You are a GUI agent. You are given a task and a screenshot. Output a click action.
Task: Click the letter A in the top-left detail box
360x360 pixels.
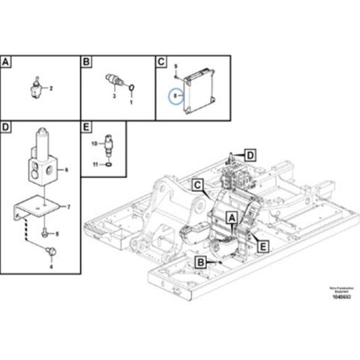pos(7,62)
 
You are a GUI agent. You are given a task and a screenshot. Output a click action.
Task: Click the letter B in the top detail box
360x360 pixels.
pos(85,62)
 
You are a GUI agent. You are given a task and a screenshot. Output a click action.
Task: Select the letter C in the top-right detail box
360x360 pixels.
pos(160,62)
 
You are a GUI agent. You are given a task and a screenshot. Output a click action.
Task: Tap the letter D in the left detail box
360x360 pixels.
pos(7,127)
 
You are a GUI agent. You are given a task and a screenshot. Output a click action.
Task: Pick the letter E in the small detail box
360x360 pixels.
pos(85,127)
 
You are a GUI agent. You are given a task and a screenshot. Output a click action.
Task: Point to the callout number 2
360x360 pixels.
pos(51,88)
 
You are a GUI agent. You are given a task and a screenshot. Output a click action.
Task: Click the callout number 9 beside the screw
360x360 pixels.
pos(174,69)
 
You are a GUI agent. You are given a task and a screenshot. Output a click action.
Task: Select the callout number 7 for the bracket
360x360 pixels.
pos(68,205)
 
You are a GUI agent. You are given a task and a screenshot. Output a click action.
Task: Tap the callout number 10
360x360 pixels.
pos(94,142)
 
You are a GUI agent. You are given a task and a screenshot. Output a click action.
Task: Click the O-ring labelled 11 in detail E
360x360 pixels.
pos(109,162)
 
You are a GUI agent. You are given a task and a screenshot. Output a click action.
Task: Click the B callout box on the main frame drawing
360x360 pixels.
pos(200,261)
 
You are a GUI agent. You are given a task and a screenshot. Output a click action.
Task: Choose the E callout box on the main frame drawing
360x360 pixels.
pos(262,244)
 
